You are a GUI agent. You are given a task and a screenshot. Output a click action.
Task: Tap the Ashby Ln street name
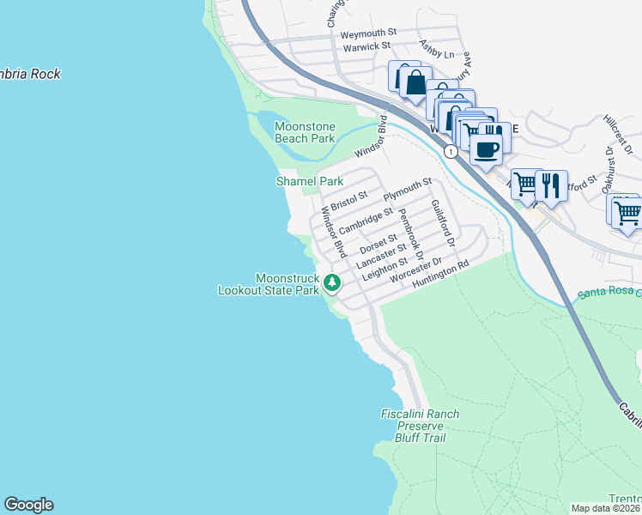434,48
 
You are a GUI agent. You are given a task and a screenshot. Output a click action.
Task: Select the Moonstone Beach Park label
305,132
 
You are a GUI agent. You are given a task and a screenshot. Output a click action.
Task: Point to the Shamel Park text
309,181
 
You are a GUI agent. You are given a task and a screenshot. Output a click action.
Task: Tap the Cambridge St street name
366,221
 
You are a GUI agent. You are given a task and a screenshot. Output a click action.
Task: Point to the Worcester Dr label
415,271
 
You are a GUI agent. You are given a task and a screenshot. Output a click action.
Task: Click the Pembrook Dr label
412,233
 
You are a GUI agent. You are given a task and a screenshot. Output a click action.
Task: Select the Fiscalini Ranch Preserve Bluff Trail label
420,426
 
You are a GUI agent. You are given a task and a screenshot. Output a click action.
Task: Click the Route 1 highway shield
450,151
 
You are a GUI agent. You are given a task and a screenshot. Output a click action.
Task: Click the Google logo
28,505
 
